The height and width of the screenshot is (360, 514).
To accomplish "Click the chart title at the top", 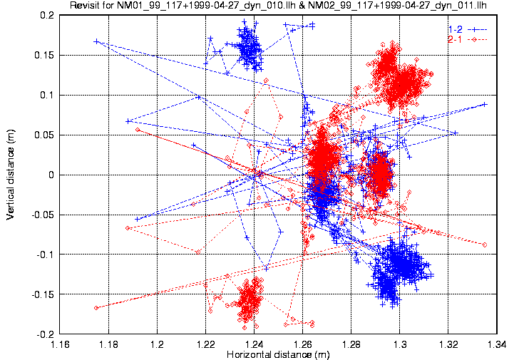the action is click(278, 5).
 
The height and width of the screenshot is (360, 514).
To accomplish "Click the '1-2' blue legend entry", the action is click(468, 29).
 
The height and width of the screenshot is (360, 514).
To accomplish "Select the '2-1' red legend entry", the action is click(468, 40).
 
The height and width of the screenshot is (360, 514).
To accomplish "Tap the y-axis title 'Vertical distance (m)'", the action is click(10, 174).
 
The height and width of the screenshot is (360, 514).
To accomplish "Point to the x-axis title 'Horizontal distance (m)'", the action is click(278, 355).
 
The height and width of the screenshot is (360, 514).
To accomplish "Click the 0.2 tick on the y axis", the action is click(47, 16).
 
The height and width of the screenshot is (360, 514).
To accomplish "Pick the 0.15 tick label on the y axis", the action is click(44, 55).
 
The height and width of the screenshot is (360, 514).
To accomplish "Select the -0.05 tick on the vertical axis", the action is click(43, 215).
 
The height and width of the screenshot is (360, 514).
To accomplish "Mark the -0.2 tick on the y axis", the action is click(46, 334).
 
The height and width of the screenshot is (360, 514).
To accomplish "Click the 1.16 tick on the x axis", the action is click(60, 344).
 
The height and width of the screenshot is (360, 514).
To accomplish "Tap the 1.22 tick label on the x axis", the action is click(205, 344).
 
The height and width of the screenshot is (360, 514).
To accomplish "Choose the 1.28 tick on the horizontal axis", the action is click(351, 344).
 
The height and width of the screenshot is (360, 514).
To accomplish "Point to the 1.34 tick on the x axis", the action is click(497, 344).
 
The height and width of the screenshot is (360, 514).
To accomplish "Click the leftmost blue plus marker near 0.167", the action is click(96, 41).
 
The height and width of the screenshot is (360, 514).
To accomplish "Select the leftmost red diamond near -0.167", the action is click(96, 308).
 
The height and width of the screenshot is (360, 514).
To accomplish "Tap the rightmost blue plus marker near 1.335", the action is click(485, 105).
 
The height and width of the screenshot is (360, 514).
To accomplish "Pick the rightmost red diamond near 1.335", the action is click(485, 245).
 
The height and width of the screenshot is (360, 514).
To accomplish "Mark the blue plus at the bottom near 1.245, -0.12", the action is click(266, 269).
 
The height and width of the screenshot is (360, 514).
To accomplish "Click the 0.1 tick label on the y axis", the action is click(47, 95).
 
